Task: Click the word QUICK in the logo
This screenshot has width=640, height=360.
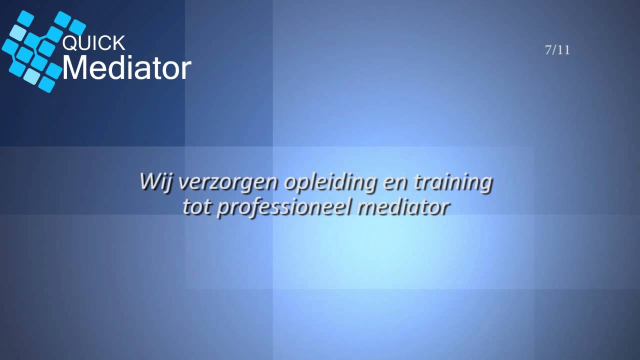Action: click(93, 43)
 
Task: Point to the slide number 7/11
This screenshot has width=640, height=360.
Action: click(557, 50)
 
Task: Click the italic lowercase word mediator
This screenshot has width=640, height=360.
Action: click(403, 207)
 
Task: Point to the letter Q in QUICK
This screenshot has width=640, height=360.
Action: click(69, 43)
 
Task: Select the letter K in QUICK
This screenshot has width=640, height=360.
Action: click(118, 43)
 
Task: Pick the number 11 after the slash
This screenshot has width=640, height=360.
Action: click(564, 50)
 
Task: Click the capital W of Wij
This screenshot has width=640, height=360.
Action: click(149, 181)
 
